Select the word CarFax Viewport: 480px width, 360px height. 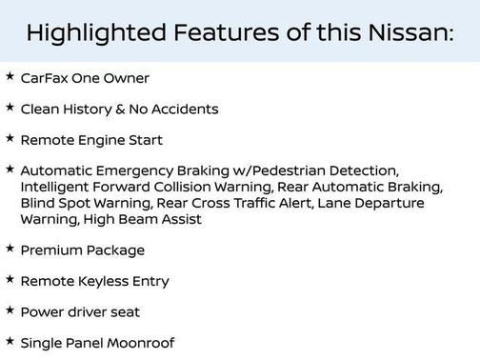[43, 78]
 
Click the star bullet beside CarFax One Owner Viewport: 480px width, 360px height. [10, 76]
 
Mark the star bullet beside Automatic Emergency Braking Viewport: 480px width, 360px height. [10, 169]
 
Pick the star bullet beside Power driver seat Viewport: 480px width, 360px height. [10, 309]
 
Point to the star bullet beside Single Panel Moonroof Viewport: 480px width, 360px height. [10, 339]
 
